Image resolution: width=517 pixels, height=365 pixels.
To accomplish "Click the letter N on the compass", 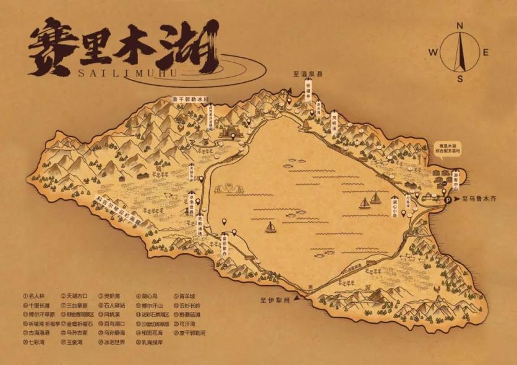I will (460, 25).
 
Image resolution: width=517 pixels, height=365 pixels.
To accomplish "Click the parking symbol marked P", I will (448, 199).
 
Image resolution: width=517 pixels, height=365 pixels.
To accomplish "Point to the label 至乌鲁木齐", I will (479, 199).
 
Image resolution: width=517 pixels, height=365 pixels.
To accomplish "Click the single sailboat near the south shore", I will (270, 227).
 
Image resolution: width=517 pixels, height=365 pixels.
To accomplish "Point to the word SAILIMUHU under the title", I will (137, 72).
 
